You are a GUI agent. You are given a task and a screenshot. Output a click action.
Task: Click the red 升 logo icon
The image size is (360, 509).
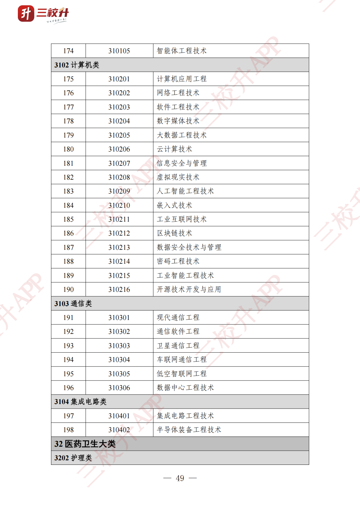click(26, 14)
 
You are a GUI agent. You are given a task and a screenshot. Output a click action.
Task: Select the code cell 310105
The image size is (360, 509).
click(119, 51)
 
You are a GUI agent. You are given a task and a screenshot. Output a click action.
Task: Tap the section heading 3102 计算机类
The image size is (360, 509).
click(77, 65)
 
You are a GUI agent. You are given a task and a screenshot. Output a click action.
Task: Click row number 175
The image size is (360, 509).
click(68, 79)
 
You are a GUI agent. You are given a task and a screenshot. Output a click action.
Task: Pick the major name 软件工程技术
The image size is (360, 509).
click(178, 107)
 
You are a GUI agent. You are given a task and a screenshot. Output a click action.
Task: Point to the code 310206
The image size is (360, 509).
click(119, 149)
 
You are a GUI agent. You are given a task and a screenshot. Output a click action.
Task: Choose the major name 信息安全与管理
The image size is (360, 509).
click(182, 163)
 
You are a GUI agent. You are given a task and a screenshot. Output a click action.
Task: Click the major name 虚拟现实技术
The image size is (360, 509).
click(178, 177)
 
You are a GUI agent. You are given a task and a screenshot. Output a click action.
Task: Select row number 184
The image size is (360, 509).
click(68, 205)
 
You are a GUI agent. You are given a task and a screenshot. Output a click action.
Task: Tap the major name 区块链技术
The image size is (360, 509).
click(175, 233)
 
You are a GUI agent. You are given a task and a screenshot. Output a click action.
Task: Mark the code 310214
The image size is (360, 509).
click(119, 261)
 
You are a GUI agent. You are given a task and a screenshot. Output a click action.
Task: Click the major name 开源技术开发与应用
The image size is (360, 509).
click(189, 289)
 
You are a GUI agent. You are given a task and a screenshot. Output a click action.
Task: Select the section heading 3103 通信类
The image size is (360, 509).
click(73, 304)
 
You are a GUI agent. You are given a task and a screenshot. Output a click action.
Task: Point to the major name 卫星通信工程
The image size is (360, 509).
click(178, 346)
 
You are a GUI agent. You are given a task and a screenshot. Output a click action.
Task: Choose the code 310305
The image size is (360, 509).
click(119, 374)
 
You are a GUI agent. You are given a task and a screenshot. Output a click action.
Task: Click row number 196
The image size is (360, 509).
click(68, 388)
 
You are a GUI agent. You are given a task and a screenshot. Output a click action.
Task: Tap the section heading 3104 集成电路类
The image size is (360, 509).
click(80, 402)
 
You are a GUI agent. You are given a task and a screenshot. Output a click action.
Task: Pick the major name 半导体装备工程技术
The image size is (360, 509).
click(189, 430)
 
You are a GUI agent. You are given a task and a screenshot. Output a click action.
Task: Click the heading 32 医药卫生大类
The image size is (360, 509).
click(85, 444)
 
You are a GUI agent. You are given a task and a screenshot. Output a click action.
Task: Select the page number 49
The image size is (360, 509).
click(180, 478)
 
